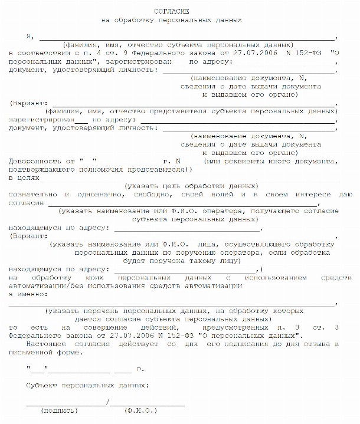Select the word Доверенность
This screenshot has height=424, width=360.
[x=35, y=160]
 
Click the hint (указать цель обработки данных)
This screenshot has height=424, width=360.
[x=191, y=185]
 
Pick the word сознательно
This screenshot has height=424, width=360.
[x=33, y=193]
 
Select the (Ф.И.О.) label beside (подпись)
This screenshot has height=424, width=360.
[x=137, y=410]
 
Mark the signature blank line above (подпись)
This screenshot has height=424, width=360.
[x=65, y=403]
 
